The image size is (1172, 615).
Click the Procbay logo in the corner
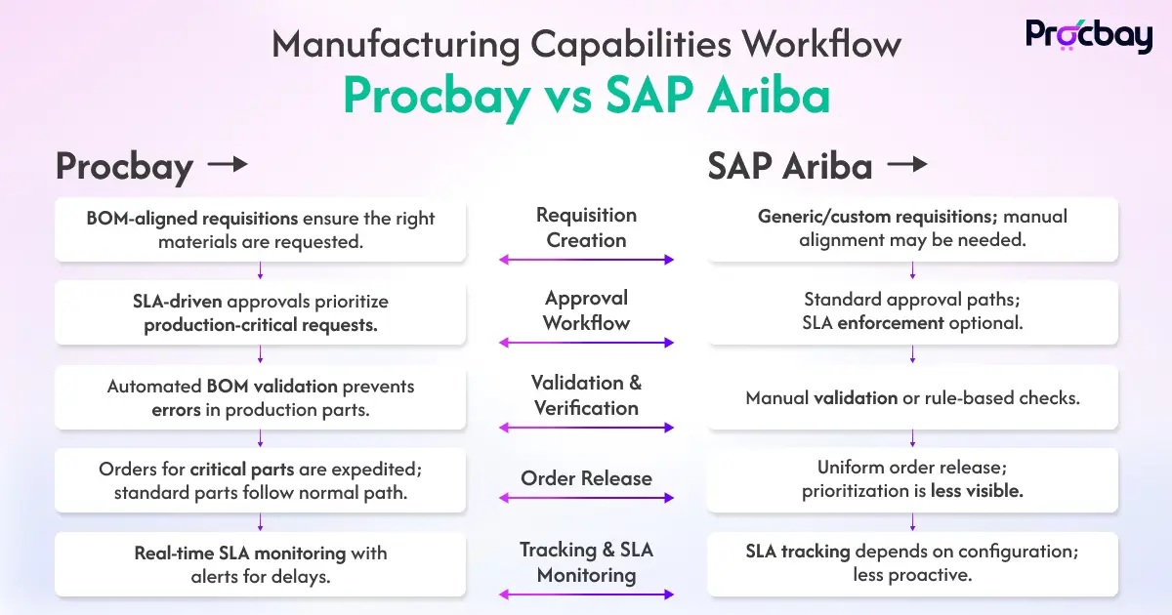[1088, 35]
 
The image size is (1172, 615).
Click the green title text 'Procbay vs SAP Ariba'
[586, 96]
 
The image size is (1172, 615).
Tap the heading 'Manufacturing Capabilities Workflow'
[586, 44]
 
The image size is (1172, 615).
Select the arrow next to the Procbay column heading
[228, 165]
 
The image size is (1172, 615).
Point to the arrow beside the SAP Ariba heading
[905, 165]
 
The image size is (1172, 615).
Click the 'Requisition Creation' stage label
[586, 227]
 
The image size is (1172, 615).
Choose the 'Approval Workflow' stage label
[586, 310]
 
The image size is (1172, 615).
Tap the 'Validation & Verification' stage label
[586, 395]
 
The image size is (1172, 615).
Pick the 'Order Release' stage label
[586, 478]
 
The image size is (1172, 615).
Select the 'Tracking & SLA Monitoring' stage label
[586, 562]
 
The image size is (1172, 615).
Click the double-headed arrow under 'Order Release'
[586, 498]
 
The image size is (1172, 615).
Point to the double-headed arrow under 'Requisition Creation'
[586, 260]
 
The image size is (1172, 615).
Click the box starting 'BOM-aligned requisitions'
[260, 229]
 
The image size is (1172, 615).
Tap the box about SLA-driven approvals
[260, 313]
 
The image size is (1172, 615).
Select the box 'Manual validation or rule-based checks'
[912, 398]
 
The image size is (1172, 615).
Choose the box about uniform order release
[912, 479]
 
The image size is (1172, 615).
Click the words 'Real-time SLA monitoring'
[240, 553]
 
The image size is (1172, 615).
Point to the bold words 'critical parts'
[231, 470]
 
